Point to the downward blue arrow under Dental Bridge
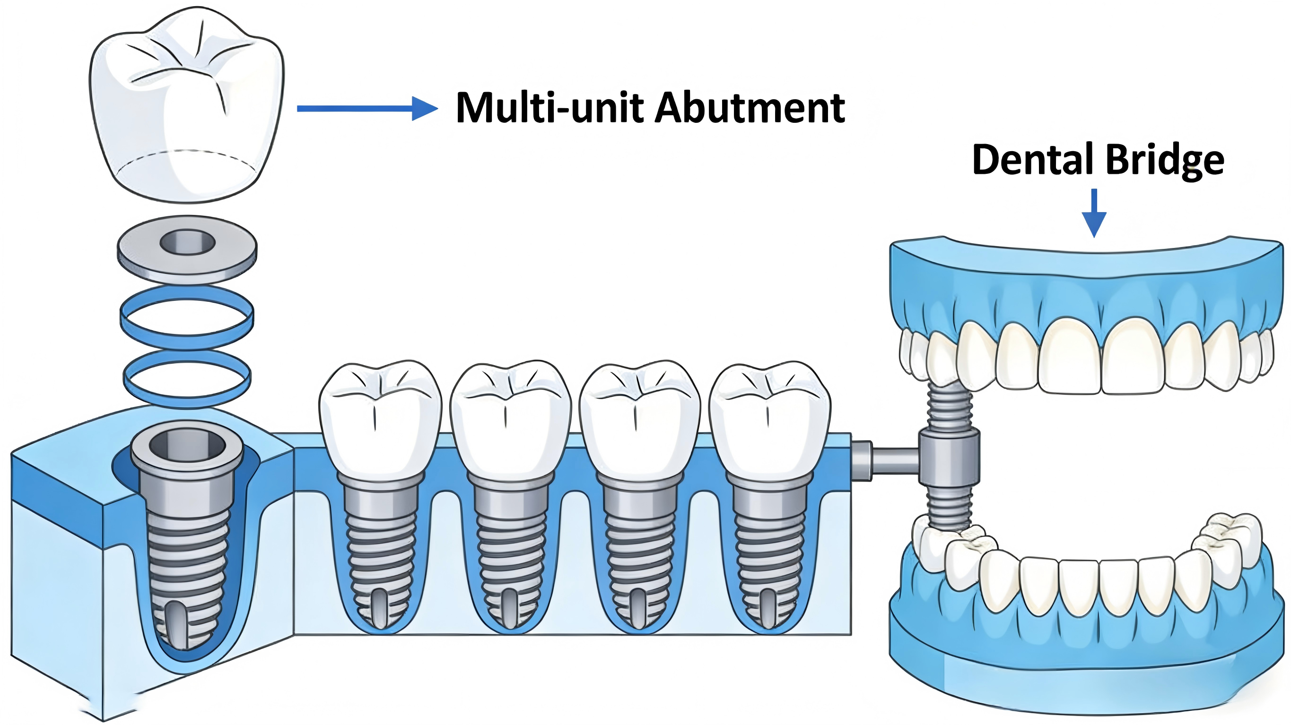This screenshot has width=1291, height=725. (x=1094, y=213)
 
